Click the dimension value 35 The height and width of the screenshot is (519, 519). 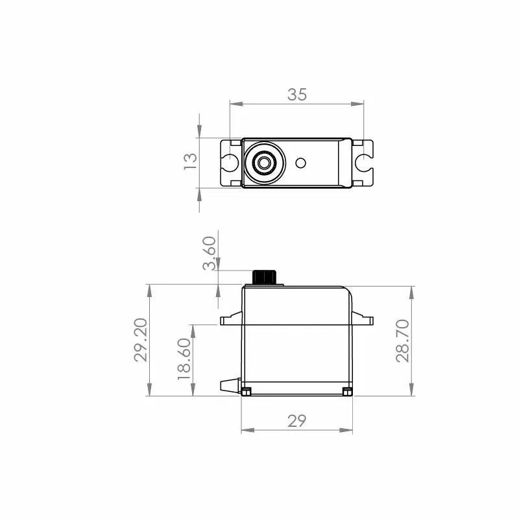tap(296, 95)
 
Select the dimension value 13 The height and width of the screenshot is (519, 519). tap(190, 162)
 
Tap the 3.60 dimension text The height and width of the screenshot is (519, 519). tap(209, 254)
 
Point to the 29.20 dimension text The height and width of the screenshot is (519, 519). tap(141, 340)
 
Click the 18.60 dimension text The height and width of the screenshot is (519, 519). tap(184, 359)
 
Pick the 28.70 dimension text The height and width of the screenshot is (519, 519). tap(403, 340)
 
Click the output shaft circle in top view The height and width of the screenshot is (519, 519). tap(264, 163)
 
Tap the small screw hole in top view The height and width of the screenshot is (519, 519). tap(300, 163)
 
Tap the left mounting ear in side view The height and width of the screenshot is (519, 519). tap(231, 319)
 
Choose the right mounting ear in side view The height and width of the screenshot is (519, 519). tap(364, 319)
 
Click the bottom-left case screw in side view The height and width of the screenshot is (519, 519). tap(247, 391)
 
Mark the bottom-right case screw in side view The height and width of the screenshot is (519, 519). tap(347, 391)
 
